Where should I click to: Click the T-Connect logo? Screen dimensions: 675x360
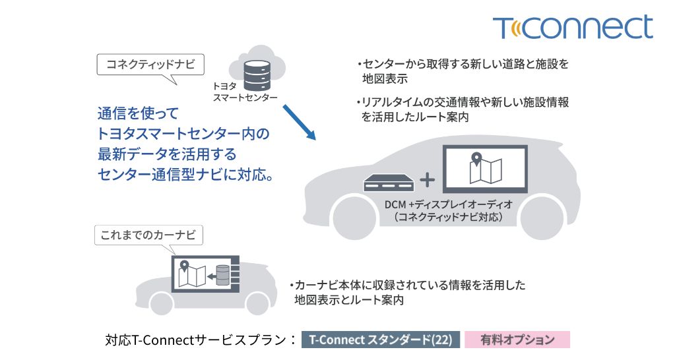tap(573, 28)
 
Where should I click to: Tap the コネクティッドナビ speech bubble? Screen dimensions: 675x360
tap(150, 65)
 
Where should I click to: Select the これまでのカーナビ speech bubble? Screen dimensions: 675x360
tap(148, 235)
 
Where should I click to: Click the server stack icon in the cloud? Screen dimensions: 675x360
tap(257, 76)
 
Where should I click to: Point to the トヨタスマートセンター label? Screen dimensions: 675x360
tap(245, 92)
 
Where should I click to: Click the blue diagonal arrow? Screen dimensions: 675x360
tap(299, 122)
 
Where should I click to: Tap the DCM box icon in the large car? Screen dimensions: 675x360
tap(389, 183)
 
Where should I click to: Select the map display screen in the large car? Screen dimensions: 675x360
tap(485, 169)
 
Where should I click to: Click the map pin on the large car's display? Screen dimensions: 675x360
tap(476, 159)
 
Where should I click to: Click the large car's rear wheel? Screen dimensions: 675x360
tap(542, 217)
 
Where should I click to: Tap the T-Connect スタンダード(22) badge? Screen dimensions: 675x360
tap(381, 340)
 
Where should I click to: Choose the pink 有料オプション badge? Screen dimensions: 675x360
tap(517, 340)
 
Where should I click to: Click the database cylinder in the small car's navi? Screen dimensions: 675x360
tap(222, 276)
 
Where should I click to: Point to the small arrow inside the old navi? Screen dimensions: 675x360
tap(211, 276)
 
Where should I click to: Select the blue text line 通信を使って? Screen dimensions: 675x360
tap(138, 113)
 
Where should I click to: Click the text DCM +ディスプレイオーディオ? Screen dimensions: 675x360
tap(449, 204)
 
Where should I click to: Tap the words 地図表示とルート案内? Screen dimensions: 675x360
tap(349, 300)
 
